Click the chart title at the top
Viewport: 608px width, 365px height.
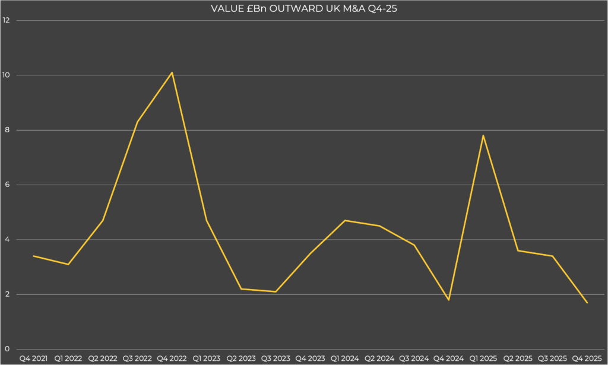303,8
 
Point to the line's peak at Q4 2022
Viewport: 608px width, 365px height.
172,72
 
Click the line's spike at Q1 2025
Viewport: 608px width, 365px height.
483,135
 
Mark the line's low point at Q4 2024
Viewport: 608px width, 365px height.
449,300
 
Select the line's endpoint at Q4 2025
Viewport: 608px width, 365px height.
587,303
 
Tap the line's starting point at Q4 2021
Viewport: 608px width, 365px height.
34,256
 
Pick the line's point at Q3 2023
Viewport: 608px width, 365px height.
276,291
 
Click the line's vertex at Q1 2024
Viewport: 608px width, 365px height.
345,220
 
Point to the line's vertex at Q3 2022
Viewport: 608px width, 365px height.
138,122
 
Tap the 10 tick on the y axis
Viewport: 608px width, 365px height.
7,75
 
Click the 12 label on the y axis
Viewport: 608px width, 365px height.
7,20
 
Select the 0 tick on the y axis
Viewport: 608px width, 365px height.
7,350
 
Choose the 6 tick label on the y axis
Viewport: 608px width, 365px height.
7,185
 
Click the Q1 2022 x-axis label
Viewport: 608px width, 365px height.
68,358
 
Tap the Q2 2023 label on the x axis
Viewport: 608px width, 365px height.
241,358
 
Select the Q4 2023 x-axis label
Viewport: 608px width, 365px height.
311,358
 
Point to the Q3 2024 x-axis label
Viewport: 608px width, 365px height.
414,358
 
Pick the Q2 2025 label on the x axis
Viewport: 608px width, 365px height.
518,358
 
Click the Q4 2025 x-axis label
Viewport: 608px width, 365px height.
587,358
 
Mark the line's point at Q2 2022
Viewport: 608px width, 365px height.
103,220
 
